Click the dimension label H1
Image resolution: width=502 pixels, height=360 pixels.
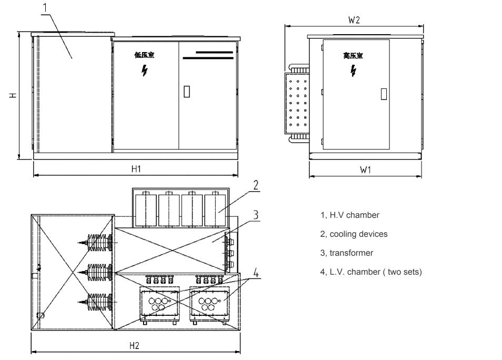pos(136,168)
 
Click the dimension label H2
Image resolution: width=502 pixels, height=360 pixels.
pos(134,345)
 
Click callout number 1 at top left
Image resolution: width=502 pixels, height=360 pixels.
pos(45,7)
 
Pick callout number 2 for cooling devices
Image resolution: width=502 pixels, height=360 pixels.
pos(255,185)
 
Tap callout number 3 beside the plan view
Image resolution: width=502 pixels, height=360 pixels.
pos(255,214)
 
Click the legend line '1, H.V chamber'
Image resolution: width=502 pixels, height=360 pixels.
pos(349,215)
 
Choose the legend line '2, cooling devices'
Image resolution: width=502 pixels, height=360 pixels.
pos(354,234)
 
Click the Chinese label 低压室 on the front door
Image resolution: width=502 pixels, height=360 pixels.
pos(144,55)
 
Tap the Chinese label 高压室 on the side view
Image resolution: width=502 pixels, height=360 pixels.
pos(353,55)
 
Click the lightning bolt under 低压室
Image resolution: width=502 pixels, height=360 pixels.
pos(144,71)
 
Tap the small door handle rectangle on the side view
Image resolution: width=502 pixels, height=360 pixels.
pos(384,94)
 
